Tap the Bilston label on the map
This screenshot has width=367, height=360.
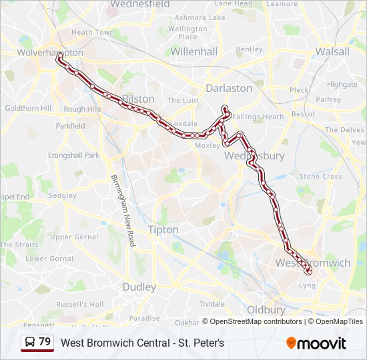point(138,99)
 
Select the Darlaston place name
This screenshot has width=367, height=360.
point(229,88)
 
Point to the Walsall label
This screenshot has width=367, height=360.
point(332,51)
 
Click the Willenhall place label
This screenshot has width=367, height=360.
point(194,51)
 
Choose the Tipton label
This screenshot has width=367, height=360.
point(163,230)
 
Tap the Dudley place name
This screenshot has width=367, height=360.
point(139,287)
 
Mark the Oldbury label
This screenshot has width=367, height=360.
point(266,309)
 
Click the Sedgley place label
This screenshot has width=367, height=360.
point(63,196)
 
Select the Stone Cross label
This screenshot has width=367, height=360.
point(320,177)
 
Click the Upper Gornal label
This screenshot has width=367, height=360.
point(74,237)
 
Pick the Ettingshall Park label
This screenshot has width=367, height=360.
point(73,155)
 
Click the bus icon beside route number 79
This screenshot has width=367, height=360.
point(31,342)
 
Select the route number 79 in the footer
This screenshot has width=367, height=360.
point(45,342)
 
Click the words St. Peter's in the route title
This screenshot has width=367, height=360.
point(202,343)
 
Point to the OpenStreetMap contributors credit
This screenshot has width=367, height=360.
point(256,321)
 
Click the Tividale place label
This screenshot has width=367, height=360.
point(212,303)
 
